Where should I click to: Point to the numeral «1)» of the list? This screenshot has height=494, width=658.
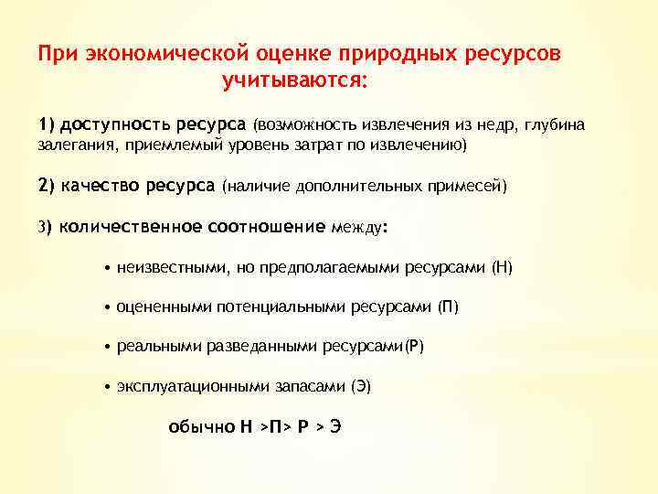47,124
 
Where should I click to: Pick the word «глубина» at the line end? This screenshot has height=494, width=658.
555,124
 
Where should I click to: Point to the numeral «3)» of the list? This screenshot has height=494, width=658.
46,228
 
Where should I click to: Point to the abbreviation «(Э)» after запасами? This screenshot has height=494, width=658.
361,387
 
